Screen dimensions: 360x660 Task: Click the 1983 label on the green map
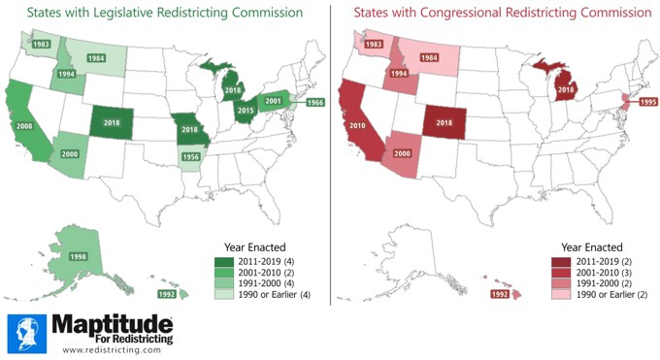pyautogui.click(x=41, y=45)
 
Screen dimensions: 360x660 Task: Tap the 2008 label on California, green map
pyautogui.click(x=25, y=125)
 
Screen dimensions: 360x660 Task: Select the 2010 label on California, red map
pyautogui.click(x=357, y=125)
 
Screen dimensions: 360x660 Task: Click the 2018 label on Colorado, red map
pyautogui.click(x=445, y=124)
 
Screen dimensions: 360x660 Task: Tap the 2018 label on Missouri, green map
pyautogui.click(x=188, y=129)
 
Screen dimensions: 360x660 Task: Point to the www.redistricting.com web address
pyautogui.click(x=113, y=349)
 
